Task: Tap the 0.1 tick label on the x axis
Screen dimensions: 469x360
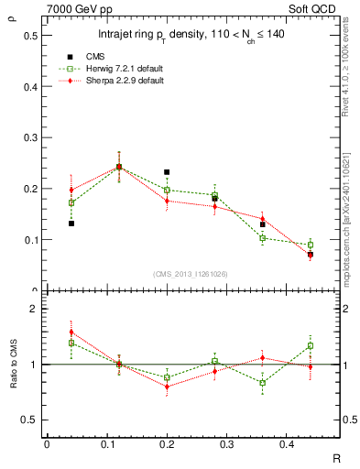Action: [109, 443]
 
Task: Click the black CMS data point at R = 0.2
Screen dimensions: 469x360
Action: [167, 172]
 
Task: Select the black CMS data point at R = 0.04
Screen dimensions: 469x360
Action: [71, 224]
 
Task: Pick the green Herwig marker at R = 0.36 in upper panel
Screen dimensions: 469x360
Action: [262, 238]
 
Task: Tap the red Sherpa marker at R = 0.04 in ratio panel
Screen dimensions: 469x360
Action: [71, 333]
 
